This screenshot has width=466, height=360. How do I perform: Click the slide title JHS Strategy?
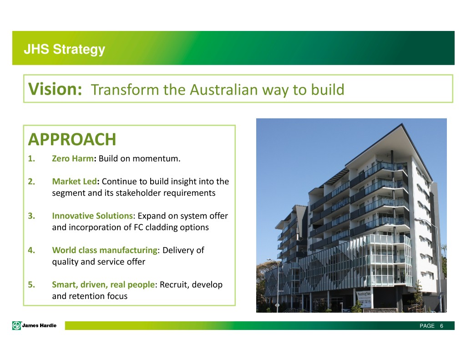click(65, 49)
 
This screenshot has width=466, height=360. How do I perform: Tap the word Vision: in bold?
click(55, 89)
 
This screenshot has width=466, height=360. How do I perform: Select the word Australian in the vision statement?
click(224, 90)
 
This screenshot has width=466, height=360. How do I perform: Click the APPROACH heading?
click(72, 139)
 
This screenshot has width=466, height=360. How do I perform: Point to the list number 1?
click(31, 158)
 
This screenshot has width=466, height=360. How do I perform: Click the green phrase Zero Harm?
click(73, 158)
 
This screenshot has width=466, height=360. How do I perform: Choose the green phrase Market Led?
click(75, 181)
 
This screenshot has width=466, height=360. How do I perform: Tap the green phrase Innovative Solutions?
click(92, 216)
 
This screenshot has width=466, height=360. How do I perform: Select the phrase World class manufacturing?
click(105, 250)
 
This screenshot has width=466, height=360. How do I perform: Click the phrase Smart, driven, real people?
click(103, 284)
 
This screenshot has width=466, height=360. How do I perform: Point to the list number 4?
click(31, 250)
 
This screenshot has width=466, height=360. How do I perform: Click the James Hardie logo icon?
click(17, 325)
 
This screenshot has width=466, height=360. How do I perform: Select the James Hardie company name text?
click(39, 325)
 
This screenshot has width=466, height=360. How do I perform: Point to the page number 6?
click(441, 326)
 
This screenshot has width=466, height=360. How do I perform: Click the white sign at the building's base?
click(364, 299)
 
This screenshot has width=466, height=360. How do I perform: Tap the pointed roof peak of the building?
click(402, 124)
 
